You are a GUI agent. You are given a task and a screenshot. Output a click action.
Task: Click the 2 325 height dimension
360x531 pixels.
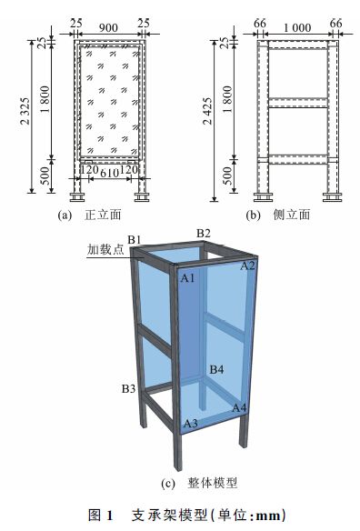click(x=25, y=111)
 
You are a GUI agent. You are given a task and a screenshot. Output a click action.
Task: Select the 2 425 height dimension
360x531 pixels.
click(x=207, y=111)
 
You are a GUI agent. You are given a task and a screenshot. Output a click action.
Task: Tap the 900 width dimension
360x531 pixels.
click(x=108, y=28)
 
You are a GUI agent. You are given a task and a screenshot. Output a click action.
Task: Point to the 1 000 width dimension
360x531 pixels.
click(x=297, y=28)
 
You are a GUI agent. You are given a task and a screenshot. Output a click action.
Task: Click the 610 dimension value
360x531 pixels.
click(x=109, y=173)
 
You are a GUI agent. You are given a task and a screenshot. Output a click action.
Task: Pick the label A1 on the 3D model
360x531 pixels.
click(x=188, y=278)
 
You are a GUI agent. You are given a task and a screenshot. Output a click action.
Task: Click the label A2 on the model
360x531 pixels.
click(x=247, y=265)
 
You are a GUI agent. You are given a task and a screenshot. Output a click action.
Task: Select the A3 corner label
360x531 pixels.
click(x=190, y=423)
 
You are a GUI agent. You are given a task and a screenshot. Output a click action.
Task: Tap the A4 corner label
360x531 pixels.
click(x=239, y=407)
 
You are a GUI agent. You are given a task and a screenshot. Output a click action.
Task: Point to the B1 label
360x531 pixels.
click(x=135, y=240)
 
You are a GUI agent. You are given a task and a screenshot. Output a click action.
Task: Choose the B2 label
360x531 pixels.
click(x=204, y=233)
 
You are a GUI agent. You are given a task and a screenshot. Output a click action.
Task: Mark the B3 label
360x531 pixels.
click(x=129, y=388)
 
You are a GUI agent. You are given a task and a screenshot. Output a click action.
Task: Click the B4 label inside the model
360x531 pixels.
click(x=216, y=369)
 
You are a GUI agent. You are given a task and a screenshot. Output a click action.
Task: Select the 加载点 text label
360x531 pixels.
click(x=105, y=249)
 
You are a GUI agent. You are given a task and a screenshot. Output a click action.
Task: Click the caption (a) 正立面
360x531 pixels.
click(x=89, y=215)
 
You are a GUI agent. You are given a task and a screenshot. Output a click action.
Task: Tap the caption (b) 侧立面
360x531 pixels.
click(x=277, y=215)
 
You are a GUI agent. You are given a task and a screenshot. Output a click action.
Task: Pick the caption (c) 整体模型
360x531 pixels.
click(x=199, y=483)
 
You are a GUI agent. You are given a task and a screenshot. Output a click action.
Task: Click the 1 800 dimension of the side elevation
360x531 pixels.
click(x=228, y=99)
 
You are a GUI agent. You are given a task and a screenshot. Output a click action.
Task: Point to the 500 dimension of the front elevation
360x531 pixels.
click(x=46, y=175)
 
